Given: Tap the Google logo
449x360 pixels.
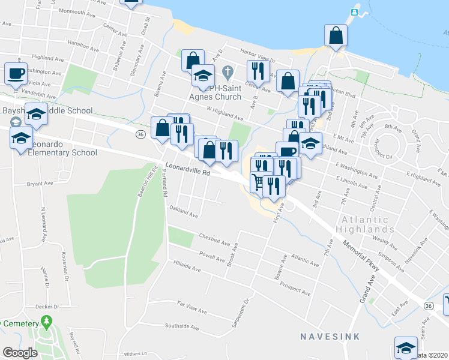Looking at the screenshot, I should click(x=20, y=352).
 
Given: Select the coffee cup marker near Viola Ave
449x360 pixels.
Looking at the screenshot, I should click(x=16, y=74).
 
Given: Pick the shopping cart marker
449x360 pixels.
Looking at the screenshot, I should click(x=260, y=182).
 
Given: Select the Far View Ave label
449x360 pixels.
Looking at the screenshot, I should click(x=191, y=308).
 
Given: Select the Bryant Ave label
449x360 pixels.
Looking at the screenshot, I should click(x=40, y=184).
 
